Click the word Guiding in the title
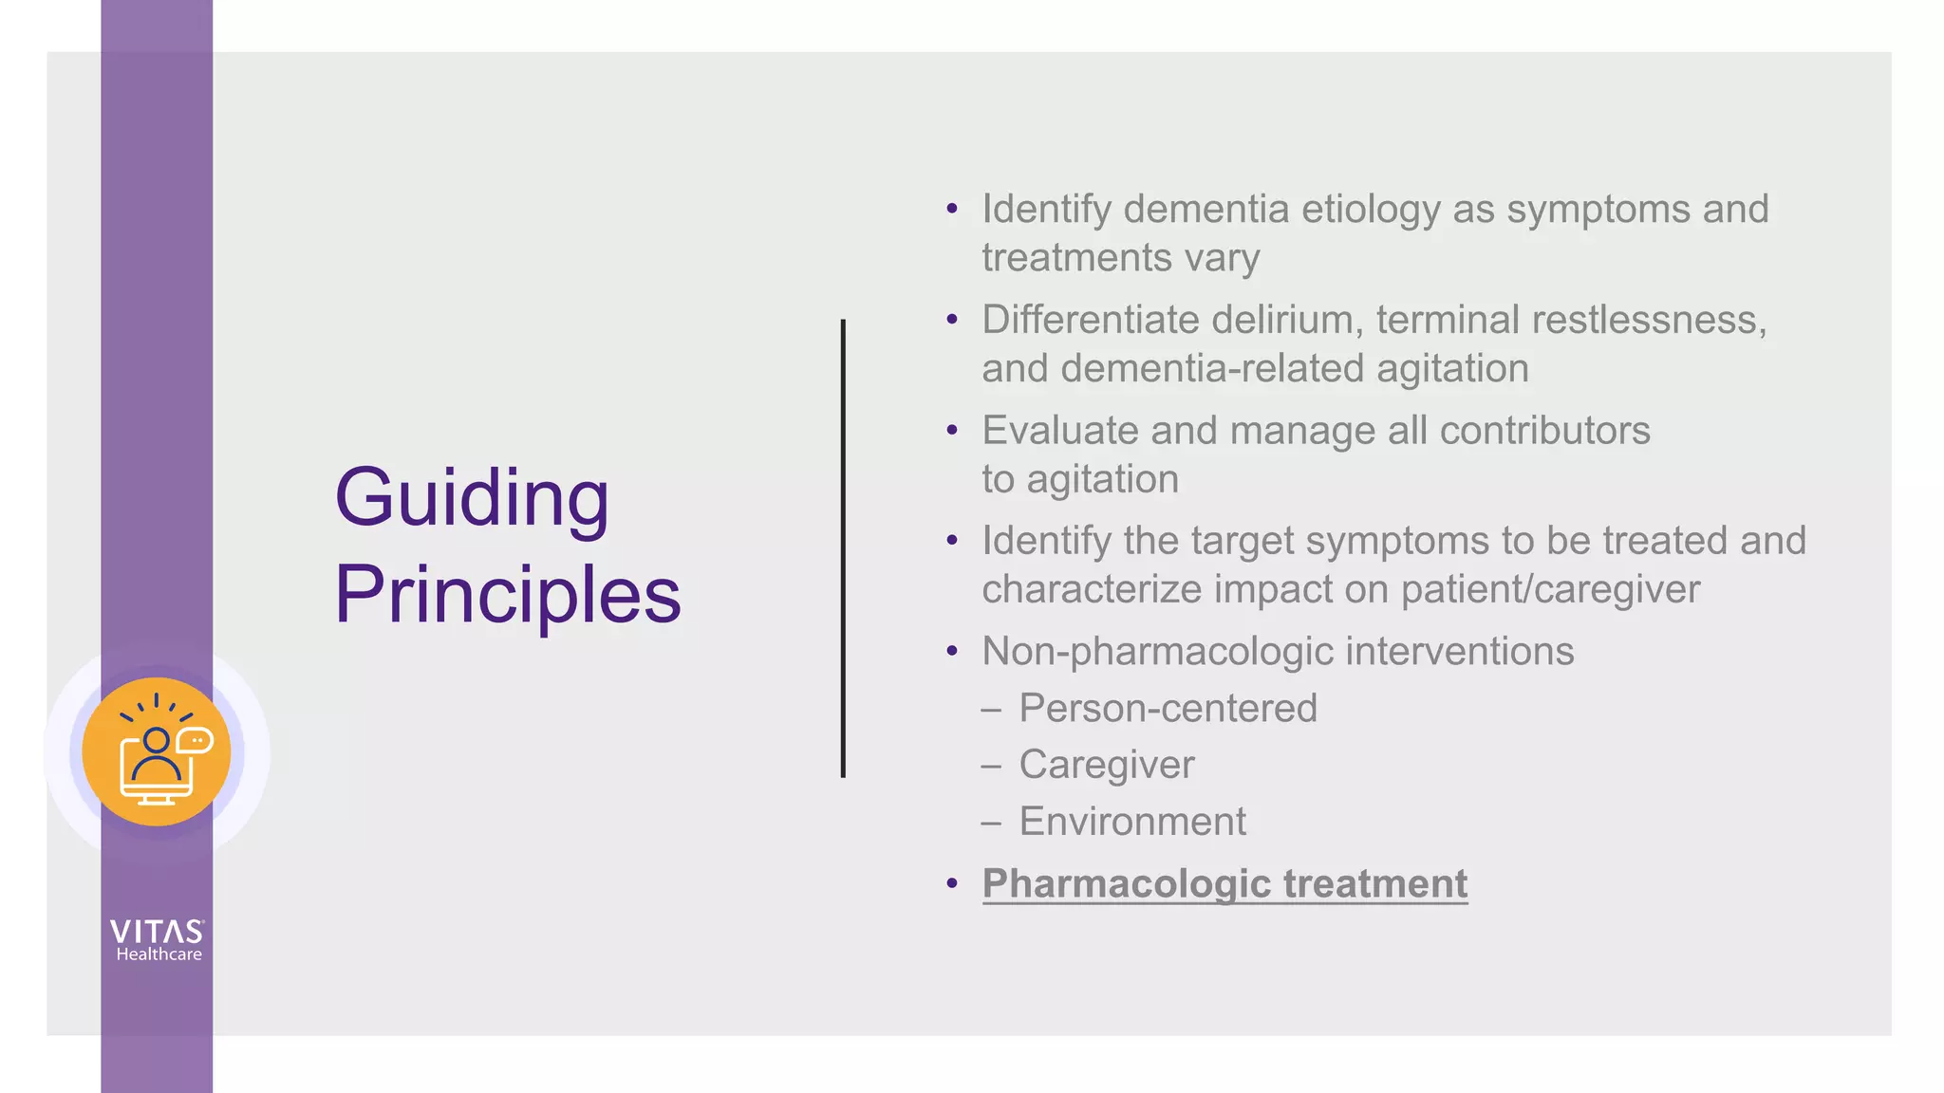coord(472,498)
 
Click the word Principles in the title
coord(508,595)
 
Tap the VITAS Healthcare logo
coord(158,940)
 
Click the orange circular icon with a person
coord(157,752)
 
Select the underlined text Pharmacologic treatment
coord(1224,884)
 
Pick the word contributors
coord(1544,431)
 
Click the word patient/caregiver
coord(1550,589)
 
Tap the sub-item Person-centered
coord(1168,709)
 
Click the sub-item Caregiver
coord(1106,765)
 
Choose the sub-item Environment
coord(1132,822)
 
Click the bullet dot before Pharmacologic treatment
coord(952,884)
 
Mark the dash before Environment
coord(991,822)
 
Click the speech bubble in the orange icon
coord(196,740)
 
